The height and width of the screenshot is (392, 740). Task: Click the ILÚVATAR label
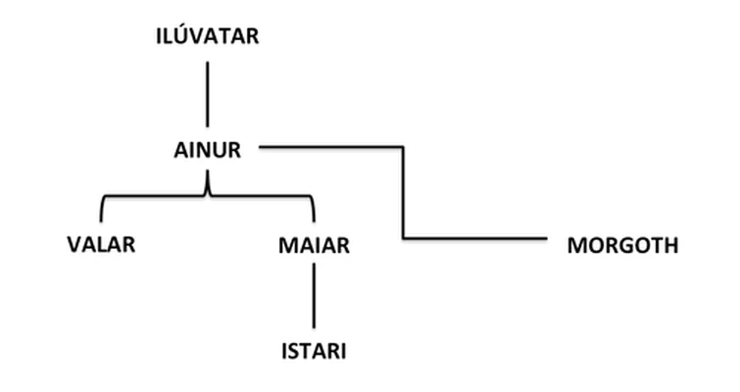click(x=208, y=35)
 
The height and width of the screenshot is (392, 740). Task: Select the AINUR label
click(x=208, y=150)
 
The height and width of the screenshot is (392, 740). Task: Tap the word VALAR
click(x=101, y=244)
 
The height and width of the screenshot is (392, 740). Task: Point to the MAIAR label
click(x=314, y=245)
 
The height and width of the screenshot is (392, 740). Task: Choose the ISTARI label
click(x=314, y=352)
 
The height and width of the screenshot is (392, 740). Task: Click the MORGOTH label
click(x=623, y=245)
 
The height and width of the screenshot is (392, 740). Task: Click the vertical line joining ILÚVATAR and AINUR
click(x=207, y=94)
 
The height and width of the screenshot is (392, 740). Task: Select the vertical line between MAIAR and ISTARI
click(x=315, y=296)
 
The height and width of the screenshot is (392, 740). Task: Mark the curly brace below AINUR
click(x=208, y=195)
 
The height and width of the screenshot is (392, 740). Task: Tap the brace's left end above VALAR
click(x=101, y=221)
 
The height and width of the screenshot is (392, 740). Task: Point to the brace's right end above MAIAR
click(x=315, y=221)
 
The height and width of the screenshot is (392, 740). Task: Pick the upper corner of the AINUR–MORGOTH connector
click(x=403, y=147)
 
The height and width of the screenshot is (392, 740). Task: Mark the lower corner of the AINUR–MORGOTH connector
click(x=403, y=238)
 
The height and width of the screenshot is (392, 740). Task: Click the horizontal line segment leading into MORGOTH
click(x=475, y=238)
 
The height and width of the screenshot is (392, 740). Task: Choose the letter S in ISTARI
click(x=293, y=352)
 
